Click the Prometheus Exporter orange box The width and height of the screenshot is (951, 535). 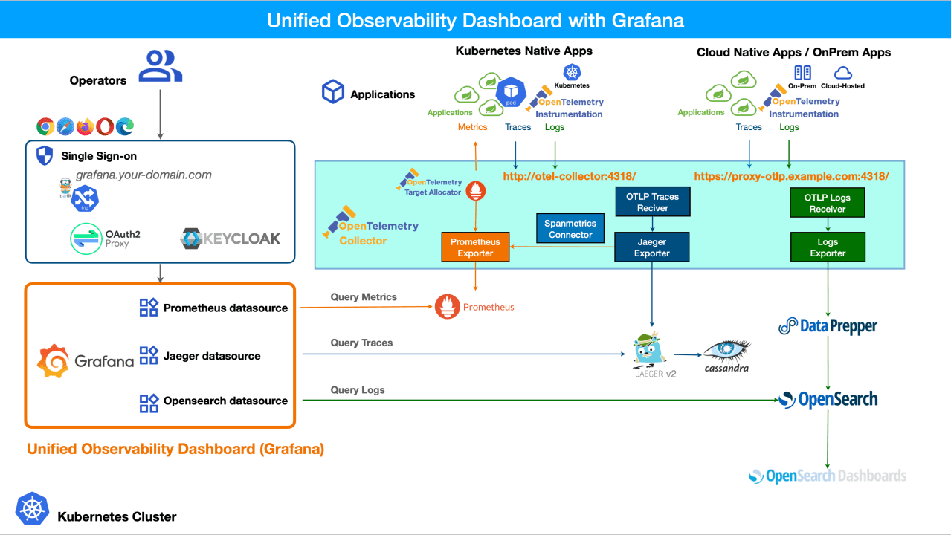click(x=475, y=247)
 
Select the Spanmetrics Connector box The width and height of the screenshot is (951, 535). click(x=570, y=229)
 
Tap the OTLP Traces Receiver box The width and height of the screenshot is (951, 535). click(x=652, y=202)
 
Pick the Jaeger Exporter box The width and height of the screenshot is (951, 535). click(x=652, y=247)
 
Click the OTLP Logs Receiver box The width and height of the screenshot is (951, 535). click(x=828, y=203)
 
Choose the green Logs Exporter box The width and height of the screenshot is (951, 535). click(x=828, y=247)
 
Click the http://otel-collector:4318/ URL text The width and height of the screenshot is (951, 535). click(x=570, y=176)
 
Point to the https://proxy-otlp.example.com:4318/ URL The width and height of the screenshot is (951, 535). click(x=791, y=176)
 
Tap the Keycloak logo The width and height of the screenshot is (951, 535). click(x=231, y=238)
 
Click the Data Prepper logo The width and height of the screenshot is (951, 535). click(x=828, y=325)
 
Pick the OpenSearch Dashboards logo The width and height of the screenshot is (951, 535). click(x=827, y=476)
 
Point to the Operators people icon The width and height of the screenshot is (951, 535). click(x=161, y=65)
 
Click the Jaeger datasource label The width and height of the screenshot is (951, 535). click(x=212, y=356)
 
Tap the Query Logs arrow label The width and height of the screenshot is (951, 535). click(x=358, y=389)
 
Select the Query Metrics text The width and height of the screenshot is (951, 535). click(x=364, y=297)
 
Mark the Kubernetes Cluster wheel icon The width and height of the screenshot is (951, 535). click(x=30, y=509)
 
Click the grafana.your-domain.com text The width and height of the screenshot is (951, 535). click(x=144, y=175)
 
